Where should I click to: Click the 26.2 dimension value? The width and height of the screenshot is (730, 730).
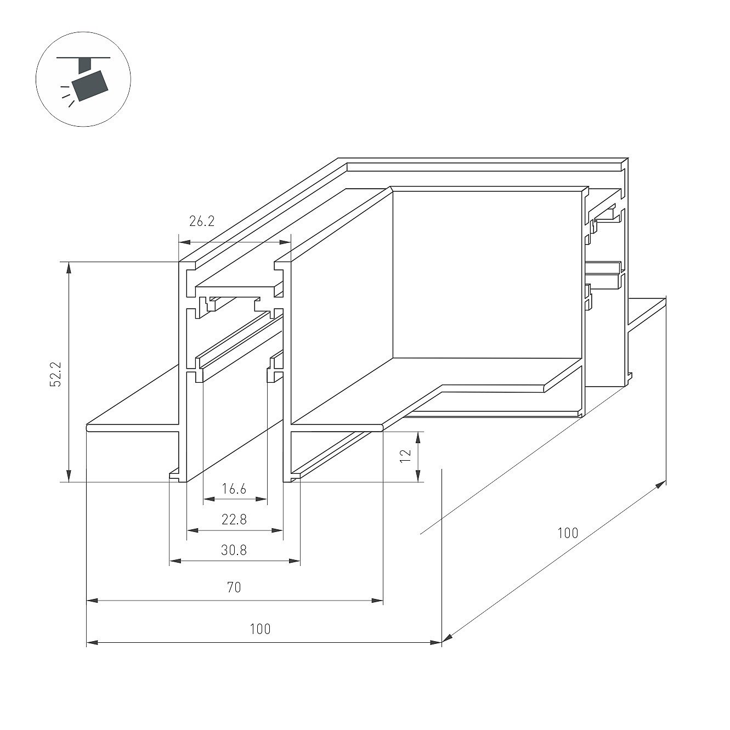[202, 221]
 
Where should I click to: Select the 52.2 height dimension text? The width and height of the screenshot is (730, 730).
[56, 374]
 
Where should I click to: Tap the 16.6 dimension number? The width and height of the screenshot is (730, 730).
[234, 489]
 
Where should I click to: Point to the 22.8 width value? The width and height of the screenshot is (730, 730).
[234, 519]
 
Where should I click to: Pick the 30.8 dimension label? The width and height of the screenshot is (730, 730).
[234, 550]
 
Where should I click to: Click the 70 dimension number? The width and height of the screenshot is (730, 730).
[234, 587]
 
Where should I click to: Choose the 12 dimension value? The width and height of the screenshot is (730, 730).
[406, 455]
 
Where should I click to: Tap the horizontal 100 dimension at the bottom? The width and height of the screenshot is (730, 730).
[261, 629]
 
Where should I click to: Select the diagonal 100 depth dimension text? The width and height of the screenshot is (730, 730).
[568, 533]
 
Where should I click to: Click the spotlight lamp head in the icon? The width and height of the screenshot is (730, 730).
[91, 86]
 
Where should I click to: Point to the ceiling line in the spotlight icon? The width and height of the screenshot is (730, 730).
[83, 58]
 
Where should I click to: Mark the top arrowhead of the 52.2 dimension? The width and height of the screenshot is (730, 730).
[69, 267]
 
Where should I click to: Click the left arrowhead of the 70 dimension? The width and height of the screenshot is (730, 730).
[93, 601]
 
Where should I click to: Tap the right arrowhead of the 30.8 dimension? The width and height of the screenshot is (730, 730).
[295, 561]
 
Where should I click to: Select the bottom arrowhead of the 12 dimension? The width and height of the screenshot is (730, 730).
[418, 476]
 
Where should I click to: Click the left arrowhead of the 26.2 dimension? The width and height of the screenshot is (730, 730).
[184, 242]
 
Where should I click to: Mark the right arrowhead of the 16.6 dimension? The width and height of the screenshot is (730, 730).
[262, 499]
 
